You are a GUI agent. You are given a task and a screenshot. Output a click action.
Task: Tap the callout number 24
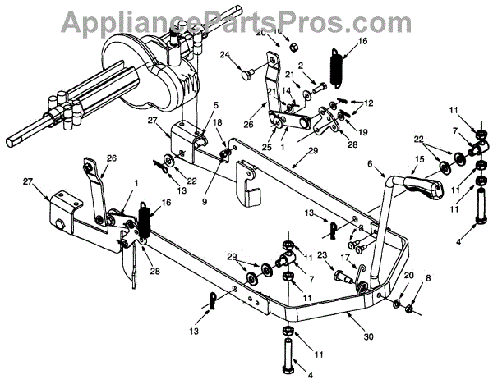223,56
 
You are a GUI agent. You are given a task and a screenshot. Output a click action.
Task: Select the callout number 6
370,164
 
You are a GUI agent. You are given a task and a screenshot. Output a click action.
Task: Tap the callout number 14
285,90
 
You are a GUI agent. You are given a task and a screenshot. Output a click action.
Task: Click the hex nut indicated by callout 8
410,310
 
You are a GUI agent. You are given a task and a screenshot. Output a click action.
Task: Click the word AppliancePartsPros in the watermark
246,18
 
